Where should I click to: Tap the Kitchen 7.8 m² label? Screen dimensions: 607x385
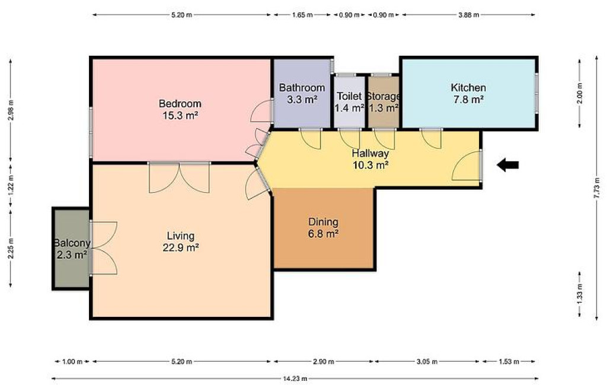(x=468, y=93)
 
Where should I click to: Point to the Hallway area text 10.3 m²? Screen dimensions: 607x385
(x=370, y=165)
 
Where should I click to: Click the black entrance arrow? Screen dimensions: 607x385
(x=508, y=165)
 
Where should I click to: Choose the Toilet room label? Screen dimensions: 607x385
(x=349, y=96)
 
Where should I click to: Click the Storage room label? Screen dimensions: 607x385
(x=384, y=96)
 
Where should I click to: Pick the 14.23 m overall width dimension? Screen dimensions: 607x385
(x=295, y=378)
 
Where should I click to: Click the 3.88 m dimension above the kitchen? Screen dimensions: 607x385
(x=468, y=15)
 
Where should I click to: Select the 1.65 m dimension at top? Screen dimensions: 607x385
(x=302, y=15)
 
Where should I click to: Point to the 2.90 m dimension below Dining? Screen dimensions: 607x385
(x=323, y=361)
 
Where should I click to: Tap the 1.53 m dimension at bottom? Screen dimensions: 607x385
(x=509, y=361)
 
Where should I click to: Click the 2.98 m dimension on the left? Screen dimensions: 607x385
(x=11, y=110)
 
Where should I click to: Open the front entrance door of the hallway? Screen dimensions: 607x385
(x=467, y=166)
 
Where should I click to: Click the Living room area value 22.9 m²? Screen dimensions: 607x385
(x=180, y=247)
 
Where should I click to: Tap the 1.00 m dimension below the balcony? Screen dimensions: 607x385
(x=72, y=361)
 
